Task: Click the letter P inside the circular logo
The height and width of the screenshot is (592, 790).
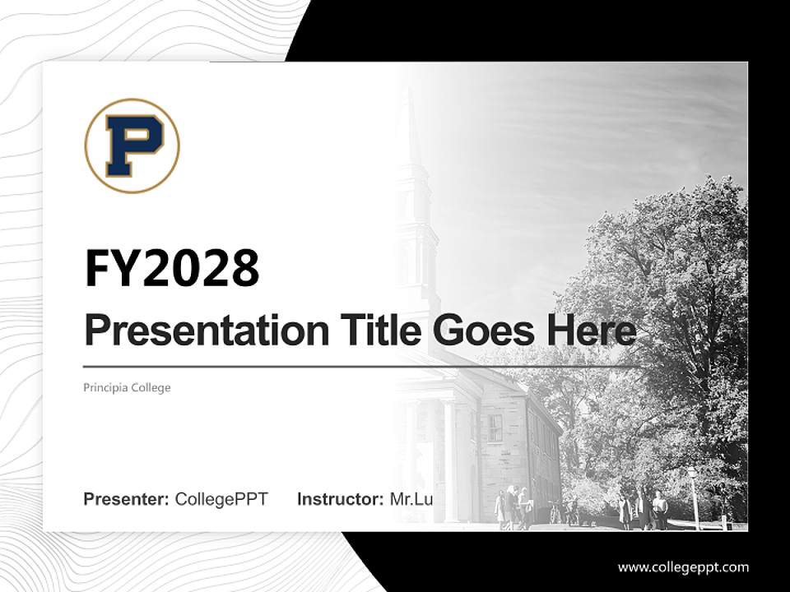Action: point(132,146)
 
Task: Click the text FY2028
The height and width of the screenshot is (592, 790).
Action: point(172,268)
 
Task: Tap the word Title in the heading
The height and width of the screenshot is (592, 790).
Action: point(369,331)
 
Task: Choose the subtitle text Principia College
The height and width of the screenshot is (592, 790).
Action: point(127,387)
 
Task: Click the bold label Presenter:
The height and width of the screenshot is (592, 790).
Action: point(127,499)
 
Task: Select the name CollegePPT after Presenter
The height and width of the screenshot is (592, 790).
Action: point(221,499)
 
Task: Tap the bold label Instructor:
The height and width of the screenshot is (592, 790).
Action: point(340,499)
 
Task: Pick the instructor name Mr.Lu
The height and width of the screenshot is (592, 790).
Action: point(411,499)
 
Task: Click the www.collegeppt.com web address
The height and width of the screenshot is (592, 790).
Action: point(683,567)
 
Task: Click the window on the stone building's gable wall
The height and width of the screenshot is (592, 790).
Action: point(495,428)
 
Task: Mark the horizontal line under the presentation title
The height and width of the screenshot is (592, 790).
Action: point(362,366)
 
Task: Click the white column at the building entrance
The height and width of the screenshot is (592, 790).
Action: point(449,460)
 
